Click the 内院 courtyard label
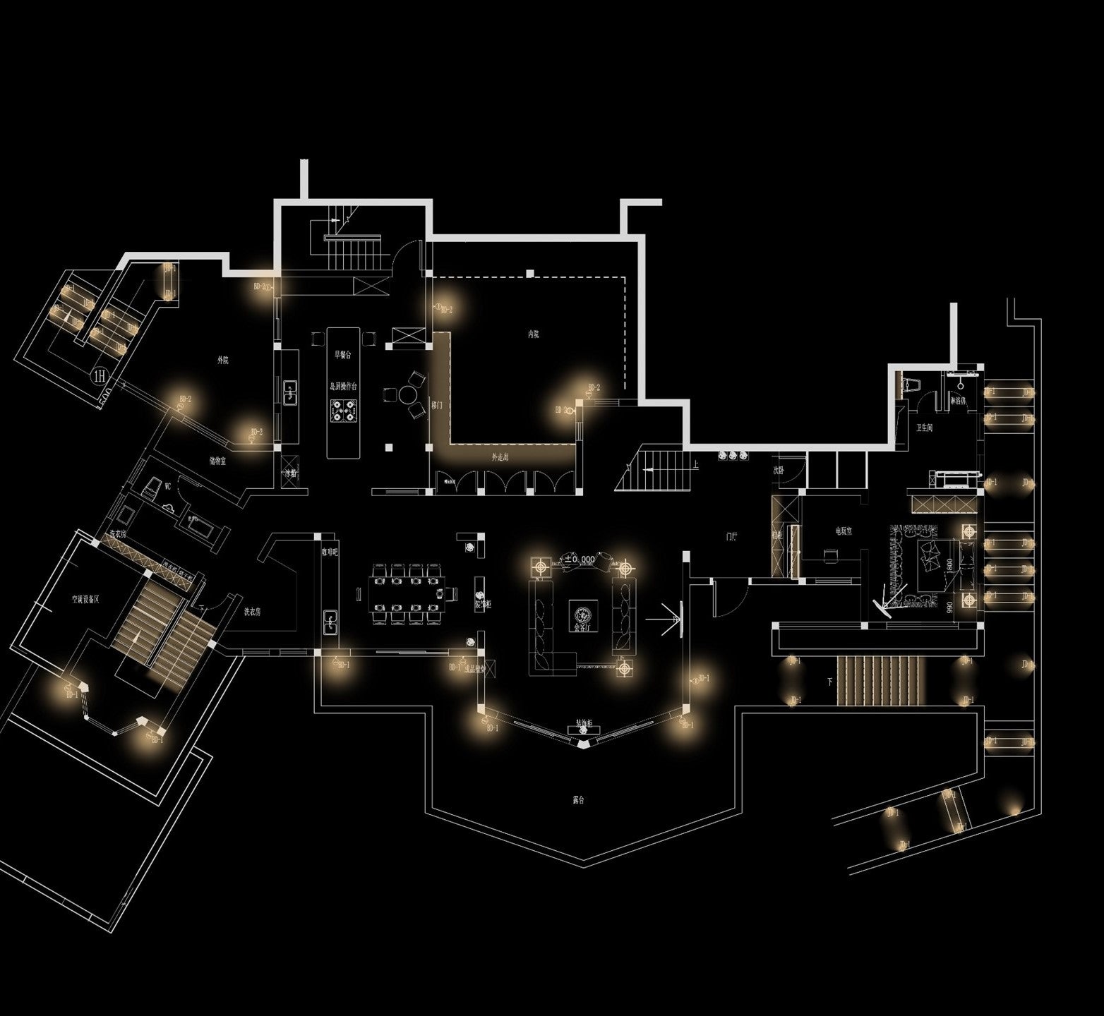(x=534, y=334)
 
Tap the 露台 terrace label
(x=579, y=800)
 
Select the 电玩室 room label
(x=843, y=531)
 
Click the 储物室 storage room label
(x=217, y=461)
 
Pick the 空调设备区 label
(x=85, y=599)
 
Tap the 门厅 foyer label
(x=731, y=536)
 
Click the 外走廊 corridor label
(x=500, y=457)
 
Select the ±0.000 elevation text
(x=579, y=559)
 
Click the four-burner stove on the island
(x=343, y=410)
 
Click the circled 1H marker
(x=100, y=374)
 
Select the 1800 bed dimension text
(x=950, y=567)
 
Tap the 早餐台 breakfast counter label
(x=343, y=355)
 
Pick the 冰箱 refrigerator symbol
(x=291, y=473)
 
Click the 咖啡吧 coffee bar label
(x=330, y=552)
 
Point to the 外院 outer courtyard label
(x=222, y=360)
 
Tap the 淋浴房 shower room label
(x=959, y=400)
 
